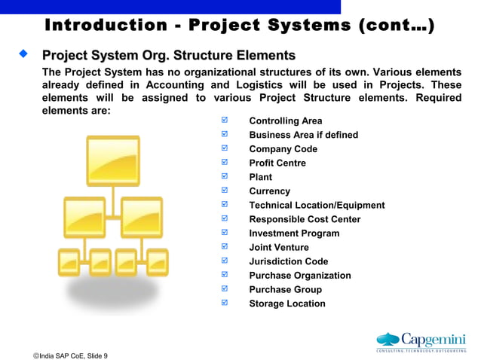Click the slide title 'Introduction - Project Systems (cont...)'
tap(240, 26)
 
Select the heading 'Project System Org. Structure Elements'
tap(168, 56)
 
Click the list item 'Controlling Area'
tap(285, 121)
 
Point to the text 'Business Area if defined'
tap(303, 136)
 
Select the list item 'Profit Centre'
tap(277, 163)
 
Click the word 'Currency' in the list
tap(269, 191)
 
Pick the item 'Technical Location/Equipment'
tap(317, 206)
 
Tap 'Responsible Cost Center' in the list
tap(305, 220)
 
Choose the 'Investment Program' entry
tap(294, 233)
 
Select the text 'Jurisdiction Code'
tap(288, 262)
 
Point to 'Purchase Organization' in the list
tap(299, 276)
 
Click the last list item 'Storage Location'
tap(287, 304)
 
